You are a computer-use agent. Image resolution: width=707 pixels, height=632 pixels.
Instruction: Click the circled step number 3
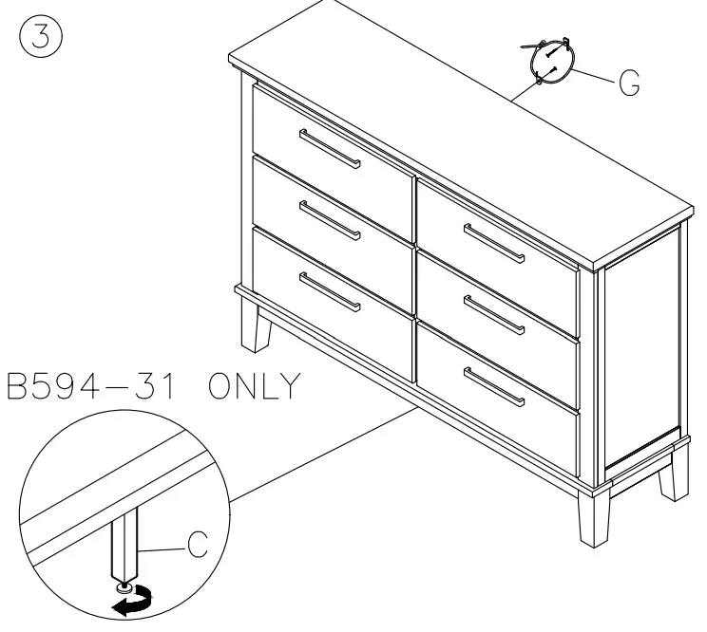(x=37, y=37)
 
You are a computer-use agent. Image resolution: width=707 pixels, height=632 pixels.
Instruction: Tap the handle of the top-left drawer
(x=330, y=149)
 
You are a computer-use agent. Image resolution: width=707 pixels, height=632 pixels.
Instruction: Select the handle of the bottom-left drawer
(x=330, y=291)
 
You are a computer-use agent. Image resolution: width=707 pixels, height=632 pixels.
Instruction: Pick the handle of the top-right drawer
(x=493, y=243)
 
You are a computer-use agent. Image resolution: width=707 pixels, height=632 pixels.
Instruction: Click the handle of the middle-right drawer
(x=493, y=312)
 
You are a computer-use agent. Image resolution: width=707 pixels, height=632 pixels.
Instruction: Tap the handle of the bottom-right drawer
(x=493, y=385)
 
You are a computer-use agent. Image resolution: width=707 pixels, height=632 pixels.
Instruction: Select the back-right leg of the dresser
(x=674, y=471)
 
